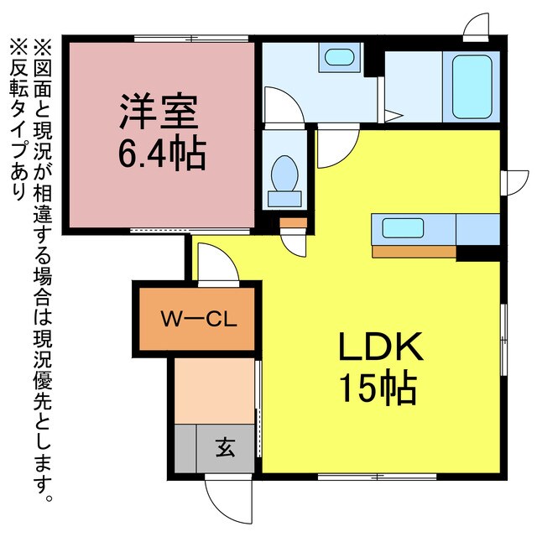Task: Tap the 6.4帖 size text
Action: tap(162, 153)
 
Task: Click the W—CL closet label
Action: tap(201, 320)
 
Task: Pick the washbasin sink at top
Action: tap(338, 58)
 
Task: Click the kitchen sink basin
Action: tap(403, 227)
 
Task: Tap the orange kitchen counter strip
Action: tap(414, 250)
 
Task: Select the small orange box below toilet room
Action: tap(294, 223)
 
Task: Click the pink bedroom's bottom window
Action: tap(190, 230)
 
